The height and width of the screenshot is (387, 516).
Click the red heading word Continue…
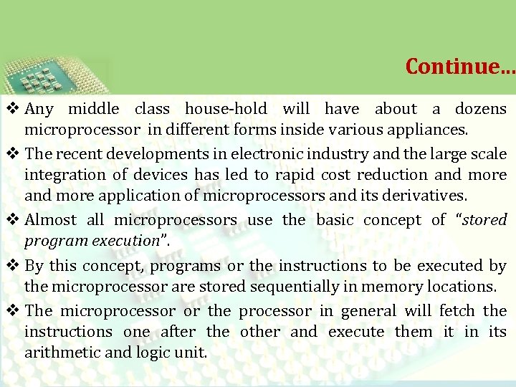(459, 66)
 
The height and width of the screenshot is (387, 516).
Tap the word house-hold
(226, 109)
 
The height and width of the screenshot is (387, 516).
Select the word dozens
(479, 109)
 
